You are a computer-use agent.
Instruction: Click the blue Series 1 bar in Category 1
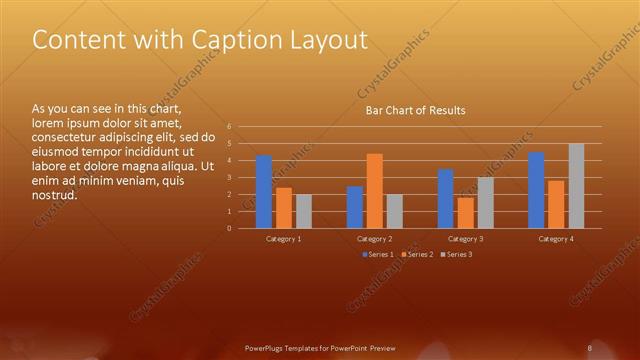(x=264, y=192)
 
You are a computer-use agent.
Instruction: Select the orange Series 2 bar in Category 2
(x=375, y=191)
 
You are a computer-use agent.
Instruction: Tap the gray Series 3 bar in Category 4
(x=576, y=186)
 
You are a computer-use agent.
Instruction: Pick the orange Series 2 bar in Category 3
(x=466, y=213)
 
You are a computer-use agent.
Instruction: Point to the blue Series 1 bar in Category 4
(x=536, y=190)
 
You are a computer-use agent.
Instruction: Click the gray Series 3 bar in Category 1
(x=304, y=211)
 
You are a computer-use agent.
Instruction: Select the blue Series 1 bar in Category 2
(x=355, y=207)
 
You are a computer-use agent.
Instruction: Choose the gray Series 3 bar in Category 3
(x=486, y=203)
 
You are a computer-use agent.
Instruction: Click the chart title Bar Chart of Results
(x=415, y=110)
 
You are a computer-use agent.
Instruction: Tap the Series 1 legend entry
(x=380, y=255)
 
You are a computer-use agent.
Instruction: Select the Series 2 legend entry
(x=418, y=255)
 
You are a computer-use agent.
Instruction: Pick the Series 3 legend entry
(x=456, y=255)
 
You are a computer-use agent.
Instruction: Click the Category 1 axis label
(x=284, y=239)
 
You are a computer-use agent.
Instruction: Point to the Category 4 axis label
(x=556, y=239)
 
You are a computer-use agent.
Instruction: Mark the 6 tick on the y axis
(x=230, y=127)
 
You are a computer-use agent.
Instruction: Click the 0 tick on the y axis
(x=230, y=228)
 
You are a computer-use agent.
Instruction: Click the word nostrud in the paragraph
(x=55, y=194)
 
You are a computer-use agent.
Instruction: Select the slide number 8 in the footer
(x=590, y=348)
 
